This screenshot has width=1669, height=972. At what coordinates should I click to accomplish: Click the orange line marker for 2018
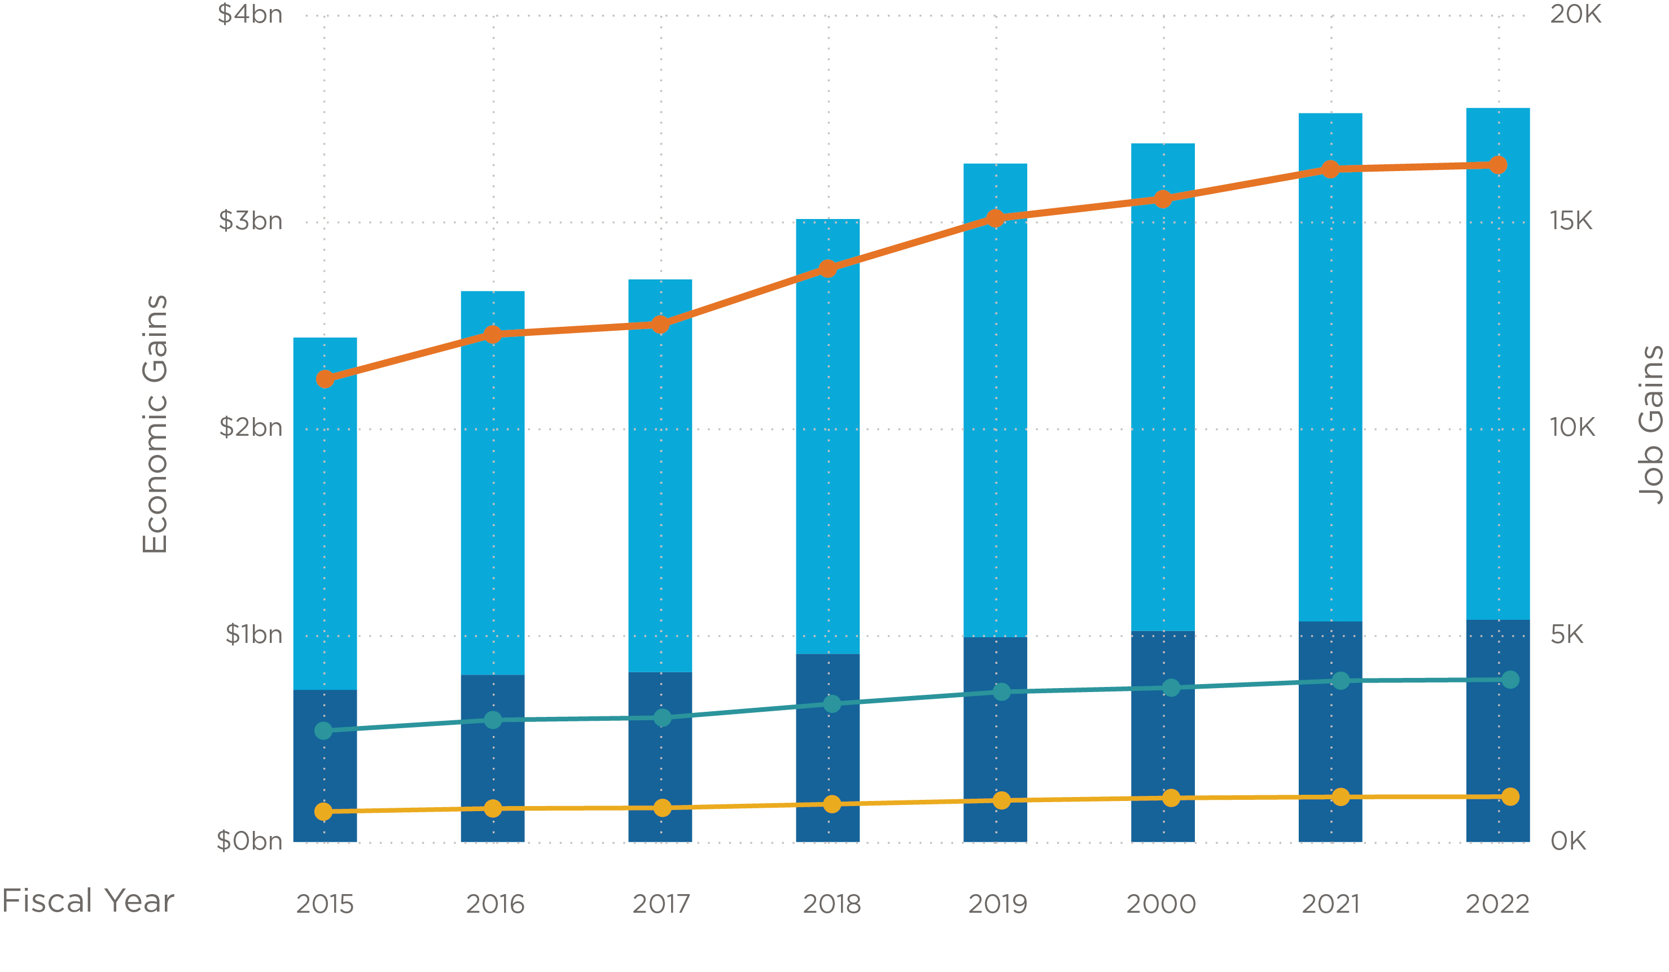pyautogui.click(x=828, y=268)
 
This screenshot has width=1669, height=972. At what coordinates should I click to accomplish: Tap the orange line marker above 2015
pyautogui.click(x=325, y=379)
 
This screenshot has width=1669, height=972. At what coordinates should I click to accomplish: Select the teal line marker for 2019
pyautogui.click(x=1001, y=691)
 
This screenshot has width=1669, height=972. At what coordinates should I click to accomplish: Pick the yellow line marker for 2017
pyautogui.click(x=662, y=808)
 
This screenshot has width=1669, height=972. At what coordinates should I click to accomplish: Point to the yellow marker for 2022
pyautogui.click(x=1510, y=796)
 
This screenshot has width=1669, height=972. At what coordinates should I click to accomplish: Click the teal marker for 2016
pyautogui.click(x=493, y=720)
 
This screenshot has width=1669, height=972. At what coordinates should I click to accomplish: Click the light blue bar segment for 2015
pyautogui.click(x=325, y=513)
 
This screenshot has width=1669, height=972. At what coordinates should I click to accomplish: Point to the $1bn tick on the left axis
pyautogui.click(x=253, y=634)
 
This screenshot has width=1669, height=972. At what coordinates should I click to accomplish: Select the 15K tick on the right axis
pyautogui.click(x=1571, y=221)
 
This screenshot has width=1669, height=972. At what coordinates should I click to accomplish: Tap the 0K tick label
pyautogui.click(x=1567, y=841)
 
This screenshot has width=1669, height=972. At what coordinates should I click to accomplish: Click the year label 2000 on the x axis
pyautogui.click(x=1161, y=904)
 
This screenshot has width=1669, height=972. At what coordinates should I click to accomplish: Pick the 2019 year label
pyautogui.click(x=997, y=904)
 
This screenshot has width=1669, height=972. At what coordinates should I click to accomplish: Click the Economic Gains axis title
pyautogui.click(x=155, y=424)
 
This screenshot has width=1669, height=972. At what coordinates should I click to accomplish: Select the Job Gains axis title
pyautogui.click(x=1650, y=424)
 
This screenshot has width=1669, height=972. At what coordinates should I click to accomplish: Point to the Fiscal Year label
pyautogui.click(x=87, y=901)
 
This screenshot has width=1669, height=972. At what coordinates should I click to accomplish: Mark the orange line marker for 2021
pyautogui.click(x=1330, y=169)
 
